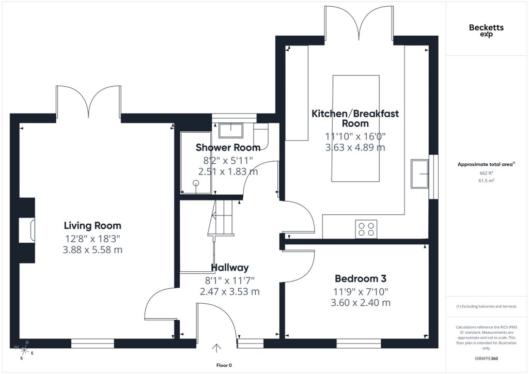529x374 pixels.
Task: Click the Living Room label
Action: [x=92, y=225]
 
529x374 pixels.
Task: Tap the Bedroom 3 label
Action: [x=360, y=278]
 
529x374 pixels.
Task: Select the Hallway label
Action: [x=230, y=268]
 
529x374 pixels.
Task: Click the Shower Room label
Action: [x=228, y=147]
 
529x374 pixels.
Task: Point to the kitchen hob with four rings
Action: [x=366, y=229]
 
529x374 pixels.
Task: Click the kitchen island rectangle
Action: [x=355, y=128]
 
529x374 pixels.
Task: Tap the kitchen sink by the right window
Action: [x=419, y=174]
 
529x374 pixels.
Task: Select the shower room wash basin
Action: [x=231, y=131]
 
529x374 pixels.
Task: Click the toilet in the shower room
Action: [x=261, y=136]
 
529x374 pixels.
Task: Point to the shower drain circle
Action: [x=196, y=183]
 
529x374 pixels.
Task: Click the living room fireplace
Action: [x=27, y=230]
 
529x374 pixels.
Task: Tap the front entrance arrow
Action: [x=216, y=348]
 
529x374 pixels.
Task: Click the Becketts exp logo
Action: [x=486, y=30]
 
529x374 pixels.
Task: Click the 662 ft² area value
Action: [x=486, y=173]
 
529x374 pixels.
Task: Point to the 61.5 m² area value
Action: [x=486, y=180]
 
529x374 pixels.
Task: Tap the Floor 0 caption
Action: [x=224, y=365]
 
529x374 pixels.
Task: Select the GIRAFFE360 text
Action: [x=486, y=358]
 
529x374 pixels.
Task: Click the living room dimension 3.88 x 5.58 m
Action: [x=92, y=250]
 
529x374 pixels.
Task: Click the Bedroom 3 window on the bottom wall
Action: [x=359, y=344]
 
